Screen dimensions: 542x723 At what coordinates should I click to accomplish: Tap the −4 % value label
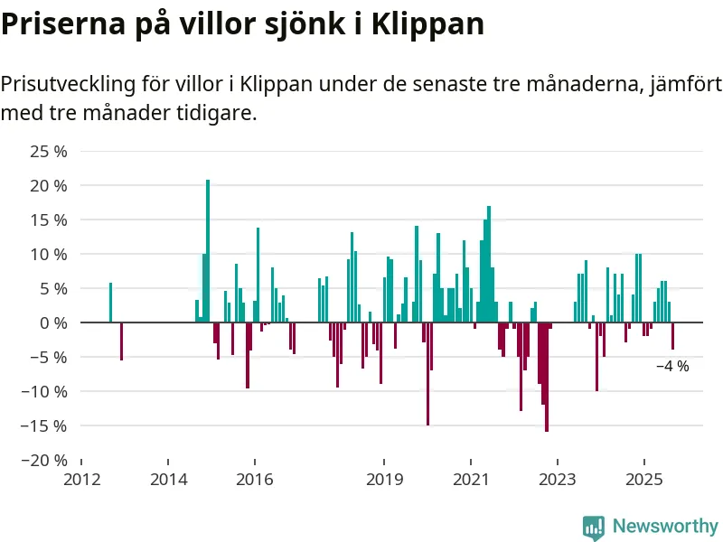tap(672, 367)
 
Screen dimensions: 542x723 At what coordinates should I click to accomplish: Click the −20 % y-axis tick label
tap(43, 460)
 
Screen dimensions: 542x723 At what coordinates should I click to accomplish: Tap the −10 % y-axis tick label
tap(43, 391)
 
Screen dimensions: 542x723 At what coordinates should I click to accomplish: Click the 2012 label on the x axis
tap(81, 479)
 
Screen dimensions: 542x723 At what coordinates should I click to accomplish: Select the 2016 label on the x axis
tap(254, 479)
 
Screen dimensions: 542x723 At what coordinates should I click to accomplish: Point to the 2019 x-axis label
tap(384, 479)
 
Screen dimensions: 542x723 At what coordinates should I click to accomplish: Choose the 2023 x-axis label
tap(557, 479)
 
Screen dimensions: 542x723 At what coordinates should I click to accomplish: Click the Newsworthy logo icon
tap(594, 527)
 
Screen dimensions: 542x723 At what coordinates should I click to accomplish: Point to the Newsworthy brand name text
tap(665, 526)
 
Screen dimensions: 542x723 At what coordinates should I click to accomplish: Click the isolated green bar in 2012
tap(110, 303)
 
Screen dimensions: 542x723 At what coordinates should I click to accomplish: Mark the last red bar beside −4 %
tap(672, 336)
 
